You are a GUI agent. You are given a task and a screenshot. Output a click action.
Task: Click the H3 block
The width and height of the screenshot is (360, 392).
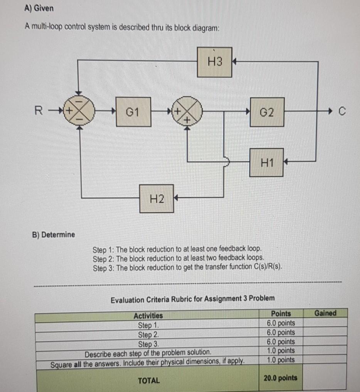[x=215, y=62]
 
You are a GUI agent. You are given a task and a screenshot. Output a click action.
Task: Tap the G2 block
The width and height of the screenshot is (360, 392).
[x=267, y=112]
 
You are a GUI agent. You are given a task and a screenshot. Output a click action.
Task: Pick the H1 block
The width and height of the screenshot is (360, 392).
[x=266, y=162]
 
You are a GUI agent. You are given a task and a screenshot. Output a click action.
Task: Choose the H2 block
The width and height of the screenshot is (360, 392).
[x=156, y=198]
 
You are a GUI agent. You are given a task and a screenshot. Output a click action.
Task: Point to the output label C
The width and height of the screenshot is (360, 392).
[x=340, y=112]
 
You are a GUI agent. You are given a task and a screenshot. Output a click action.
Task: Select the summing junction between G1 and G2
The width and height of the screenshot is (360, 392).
[x=188, y=112]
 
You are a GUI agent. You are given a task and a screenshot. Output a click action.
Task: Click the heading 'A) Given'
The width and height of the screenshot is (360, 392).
[x=39, y=8]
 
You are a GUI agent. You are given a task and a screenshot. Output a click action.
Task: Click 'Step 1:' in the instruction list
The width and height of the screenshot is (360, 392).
[x=103, y=248]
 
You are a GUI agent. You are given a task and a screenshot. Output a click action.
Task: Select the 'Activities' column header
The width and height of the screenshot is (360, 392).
[x=148, y=315]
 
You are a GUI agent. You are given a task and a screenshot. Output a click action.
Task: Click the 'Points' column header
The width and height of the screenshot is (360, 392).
[x=281, y=314]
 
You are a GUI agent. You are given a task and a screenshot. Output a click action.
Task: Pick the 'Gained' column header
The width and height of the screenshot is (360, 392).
[x=325, y=313]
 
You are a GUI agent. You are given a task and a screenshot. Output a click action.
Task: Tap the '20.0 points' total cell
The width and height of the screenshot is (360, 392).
[x=281, y=377]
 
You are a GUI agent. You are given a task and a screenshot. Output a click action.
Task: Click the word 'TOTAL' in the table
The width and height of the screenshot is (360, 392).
[x=149, y=380]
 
